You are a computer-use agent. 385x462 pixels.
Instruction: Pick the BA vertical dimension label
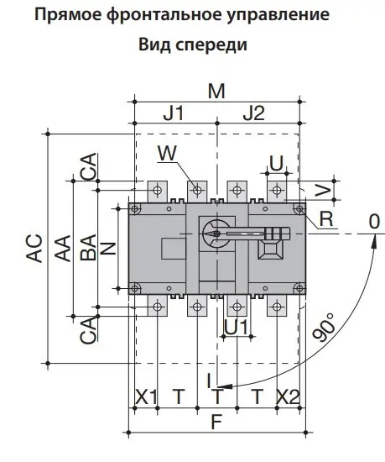pos(88,249)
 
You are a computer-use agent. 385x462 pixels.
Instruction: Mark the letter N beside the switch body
pos(107,248)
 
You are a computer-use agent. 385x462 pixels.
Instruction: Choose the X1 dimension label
pos(147,396)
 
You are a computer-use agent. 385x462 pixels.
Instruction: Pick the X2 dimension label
pos(288,396)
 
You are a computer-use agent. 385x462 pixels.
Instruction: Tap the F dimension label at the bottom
pos(216,423)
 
